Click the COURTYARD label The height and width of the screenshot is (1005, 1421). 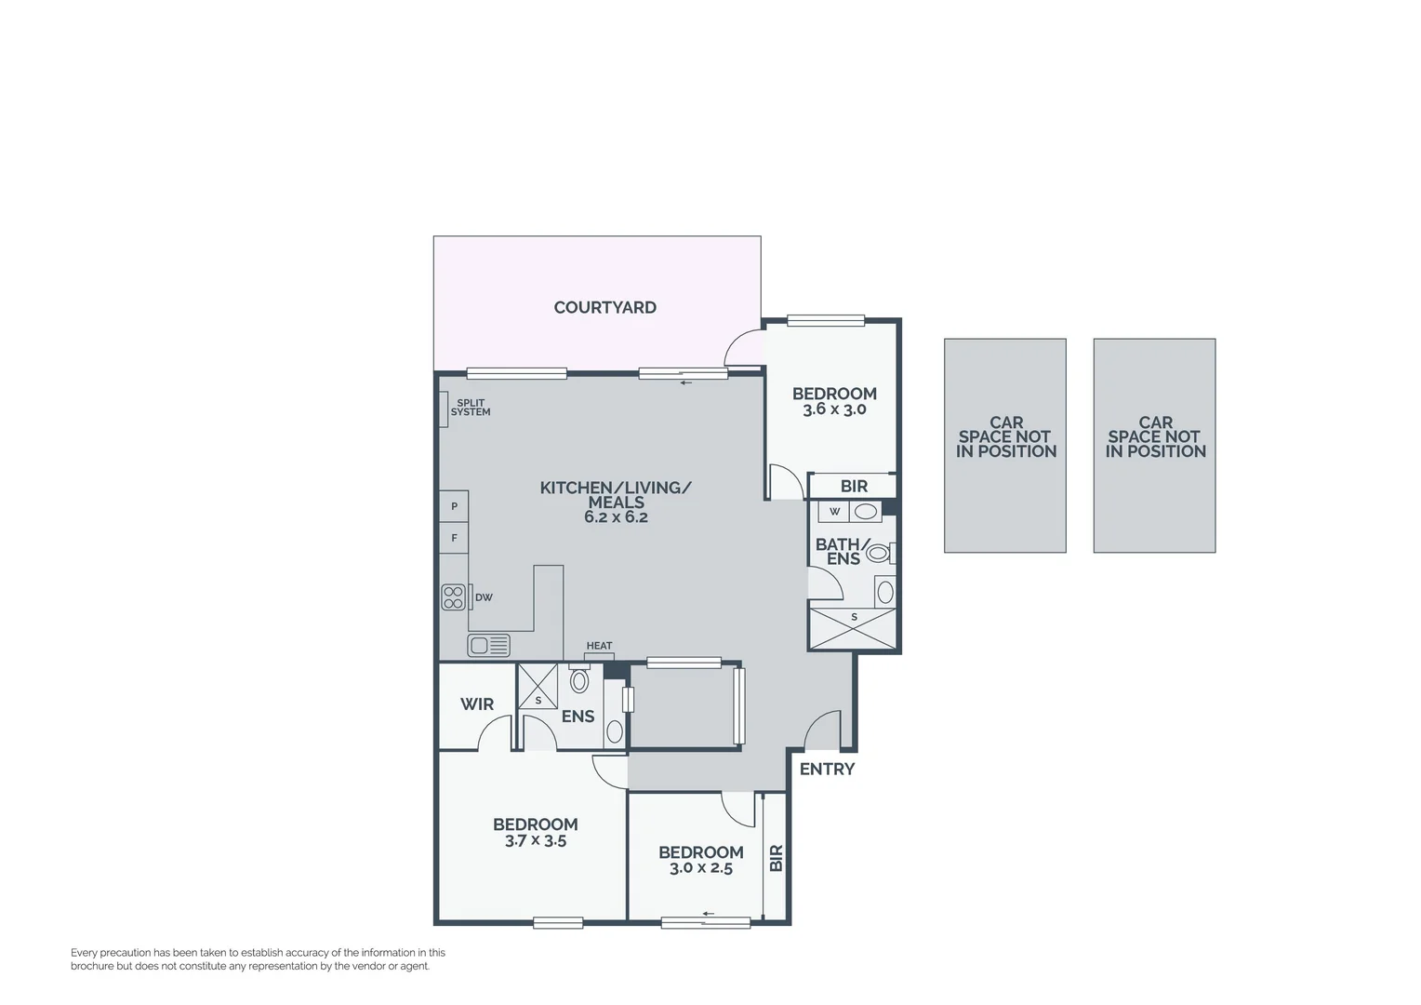pyautogui.click(x=604, y=308)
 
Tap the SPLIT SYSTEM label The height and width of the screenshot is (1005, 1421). pyautogui.click(x=471, y=408)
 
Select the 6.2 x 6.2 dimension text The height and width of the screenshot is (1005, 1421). pyautogui.click(x=616, y=517)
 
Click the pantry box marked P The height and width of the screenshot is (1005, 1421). pyautogui.click(x=454, y=506)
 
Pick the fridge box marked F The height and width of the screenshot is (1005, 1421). pyautogui.click(x=454, y=538)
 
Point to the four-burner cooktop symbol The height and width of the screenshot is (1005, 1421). pyautogui.click(x=453, y=597)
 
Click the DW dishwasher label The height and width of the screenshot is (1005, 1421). pyautogui.click(x=484, y=597)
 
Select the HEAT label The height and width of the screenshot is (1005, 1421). pyautogui.click(x=599, y=646)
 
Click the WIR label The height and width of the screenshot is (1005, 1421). pyautogui.click(x=477, y=704)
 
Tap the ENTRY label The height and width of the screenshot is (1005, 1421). pyautogui.click(x=827, y=769)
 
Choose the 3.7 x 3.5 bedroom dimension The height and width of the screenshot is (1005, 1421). pyautogui.click(x=536, y=841)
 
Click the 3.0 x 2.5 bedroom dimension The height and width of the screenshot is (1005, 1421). pyautogui.click(x=701, y=868)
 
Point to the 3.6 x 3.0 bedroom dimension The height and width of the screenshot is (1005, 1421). pyautogui.click(x=834, y=409)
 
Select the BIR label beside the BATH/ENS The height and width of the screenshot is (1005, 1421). pyautogui.click(x=854, y=486)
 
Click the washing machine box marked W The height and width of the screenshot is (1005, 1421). pyautogui.click(x=834, y=511)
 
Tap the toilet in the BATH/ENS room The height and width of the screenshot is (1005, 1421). pyautogui.click(x=878, y=553)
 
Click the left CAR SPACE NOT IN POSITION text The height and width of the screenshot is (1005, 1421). pyautogui.click(x=1005, y=436)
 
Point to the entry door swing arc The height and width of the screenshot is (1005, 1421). pyautogui.click(x=821, y=730)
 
